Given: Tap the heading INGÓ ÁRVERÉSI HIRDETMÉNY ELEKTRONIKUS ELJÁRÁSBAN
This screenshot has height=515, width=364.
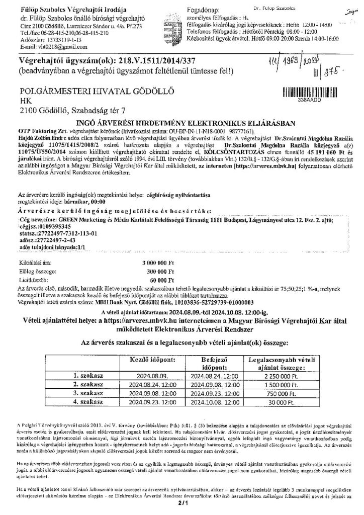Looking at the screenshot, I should point(181,123).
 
